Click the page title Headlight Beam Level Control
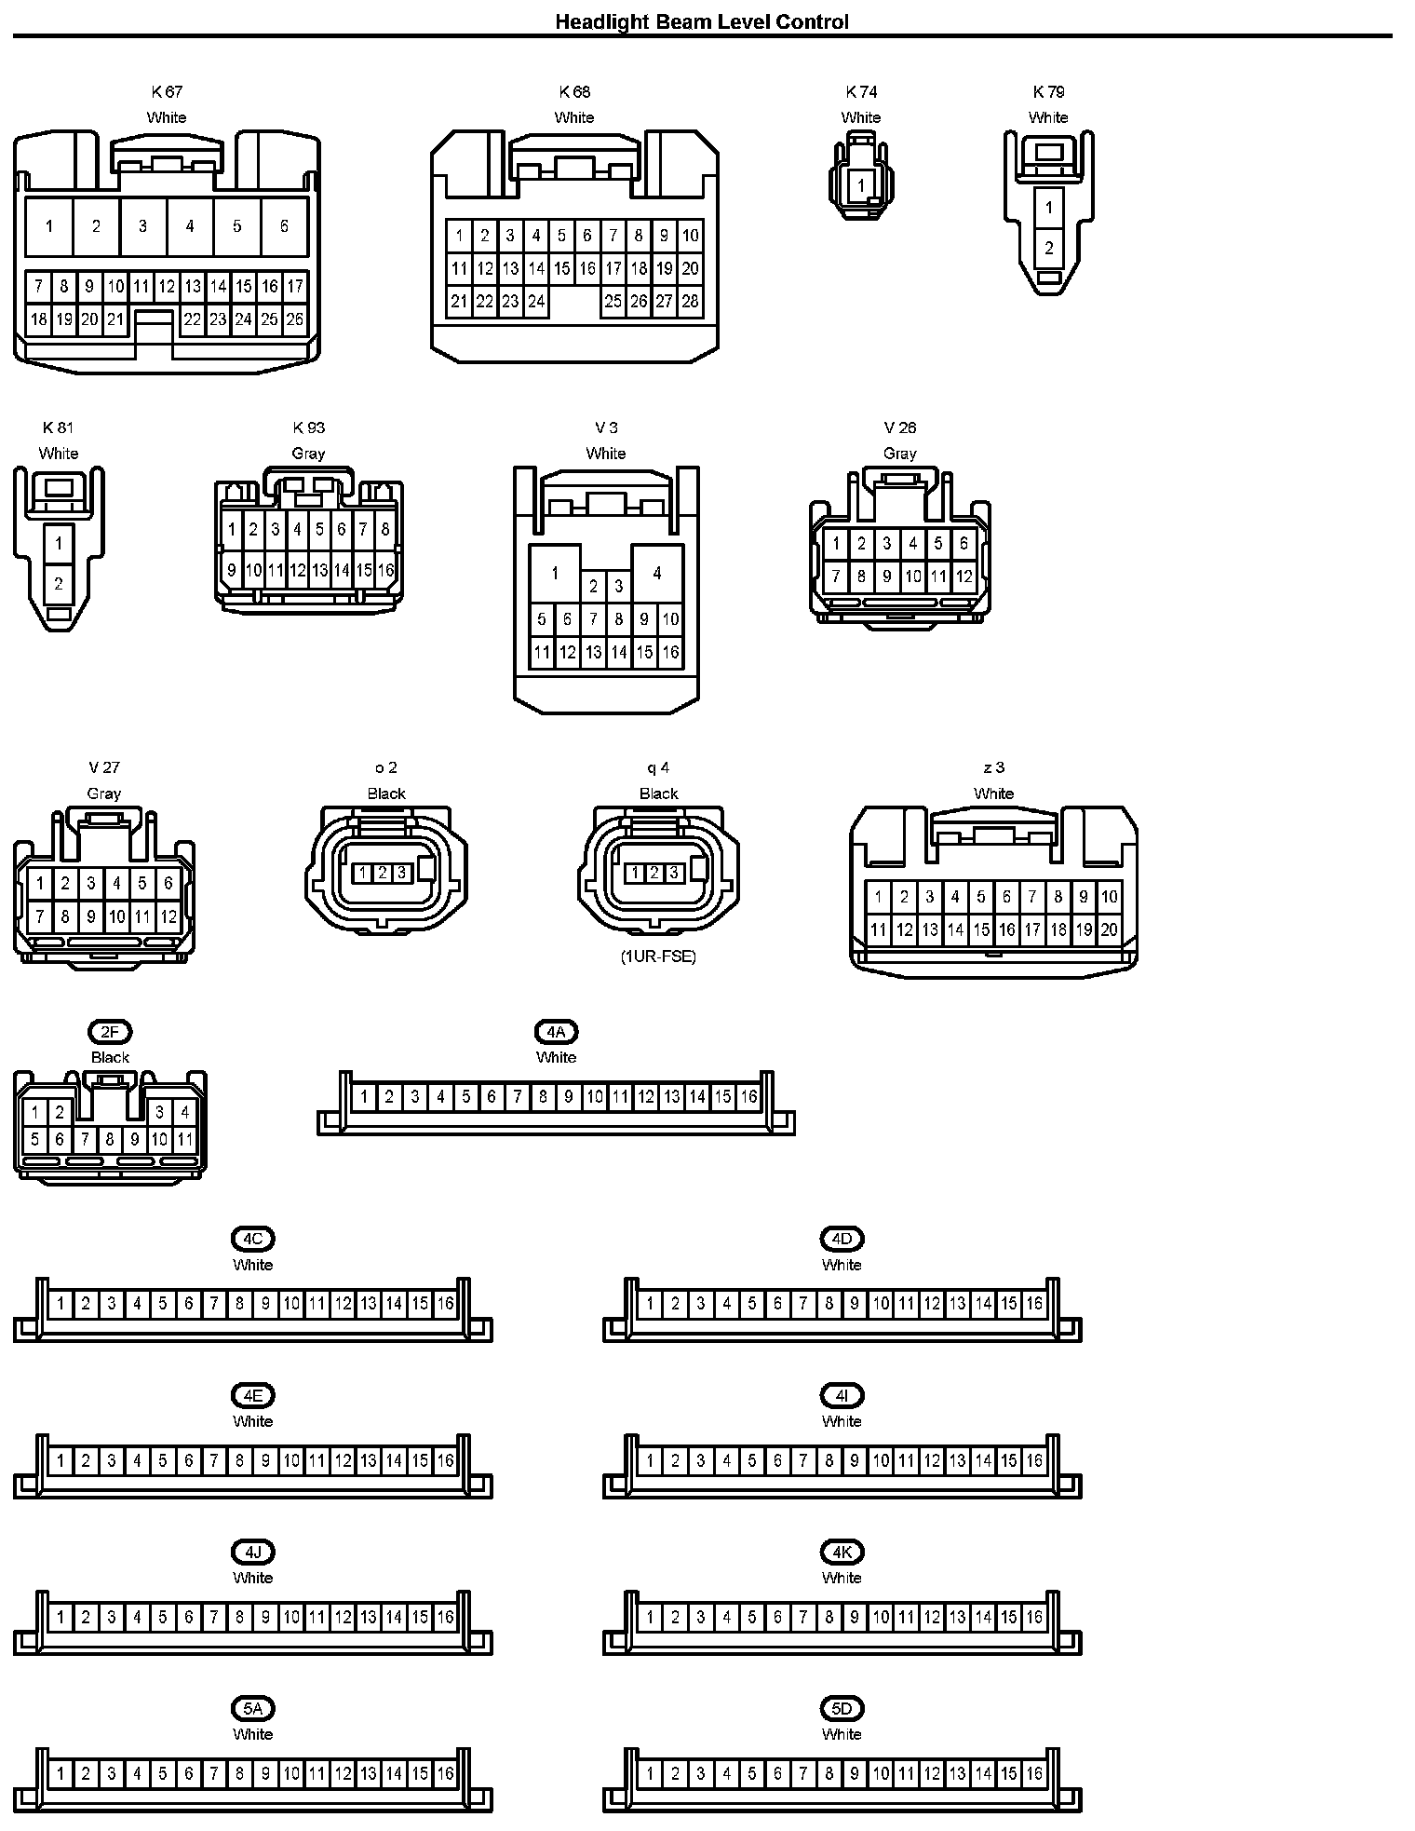pos(702,21)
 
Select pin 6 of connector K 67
pos(284,226)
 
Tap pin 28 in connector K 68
pos(690,301)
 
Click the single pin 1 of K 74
pos(861,185)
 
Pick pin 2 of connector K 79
pos(1049,248)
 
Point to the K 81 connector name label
pos(58,427)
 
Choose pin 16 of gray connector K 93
pos(385,570)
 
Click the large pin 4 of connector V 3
pos(657,573)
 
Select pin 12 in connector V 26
pos(964,576)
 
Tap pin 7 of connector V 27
pos(39,916)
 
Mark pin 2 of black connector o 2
pos(382,873)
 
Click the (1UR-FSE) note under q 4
pos(658,956)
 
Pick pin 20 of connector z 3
pos(1109,929)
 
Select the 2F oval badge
pos(110,1032)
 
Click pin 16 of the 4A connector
pos(748,1097)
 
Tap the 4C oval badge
pos(252,1240)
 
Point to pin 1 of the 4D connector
pos(650,1304)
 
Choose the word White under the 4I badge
pos(842,1421)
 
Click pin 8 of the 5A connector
pos(239,1773)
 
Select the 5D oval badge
pos(842,1709)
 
